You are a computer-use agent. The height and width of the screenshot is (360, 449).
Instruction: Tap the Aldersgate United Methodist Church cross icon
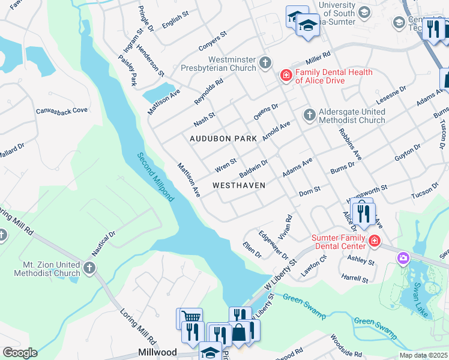point(309,115)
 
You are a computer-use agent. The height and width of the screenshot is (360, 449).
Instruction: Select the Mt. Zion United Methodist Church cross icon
point(89,268)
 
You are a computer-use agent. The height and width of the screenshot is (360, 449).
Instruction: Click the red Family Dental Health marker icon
point(286,75)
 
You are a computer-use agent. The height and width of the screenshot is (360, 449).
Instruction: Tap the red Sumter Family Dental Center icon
point(375,241)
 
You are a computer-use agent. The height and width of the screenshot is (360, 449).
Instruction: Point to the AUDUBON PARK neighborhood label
point(223,139)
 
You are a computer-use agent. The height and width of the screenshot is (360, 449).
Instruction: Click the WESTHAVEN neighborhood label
point(239,185)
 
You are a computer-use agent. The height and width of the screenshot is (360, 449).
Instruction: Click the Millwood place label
point(157,352)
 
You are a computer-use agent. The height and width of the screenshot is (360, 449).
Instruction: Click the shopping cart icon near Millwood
point(190,316)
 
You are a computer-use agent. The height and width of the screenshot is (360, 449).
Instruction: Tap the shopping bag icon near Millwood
point(239,331)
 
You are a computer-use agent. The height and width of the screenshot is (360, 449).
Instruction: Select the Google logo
point(20,353)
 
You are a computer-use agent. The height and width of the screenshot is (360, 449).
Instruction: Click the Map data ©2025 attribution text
point(423,355)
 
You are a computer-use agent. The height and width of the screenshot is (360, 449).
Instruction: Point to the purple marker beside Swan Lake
point(403,258)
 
